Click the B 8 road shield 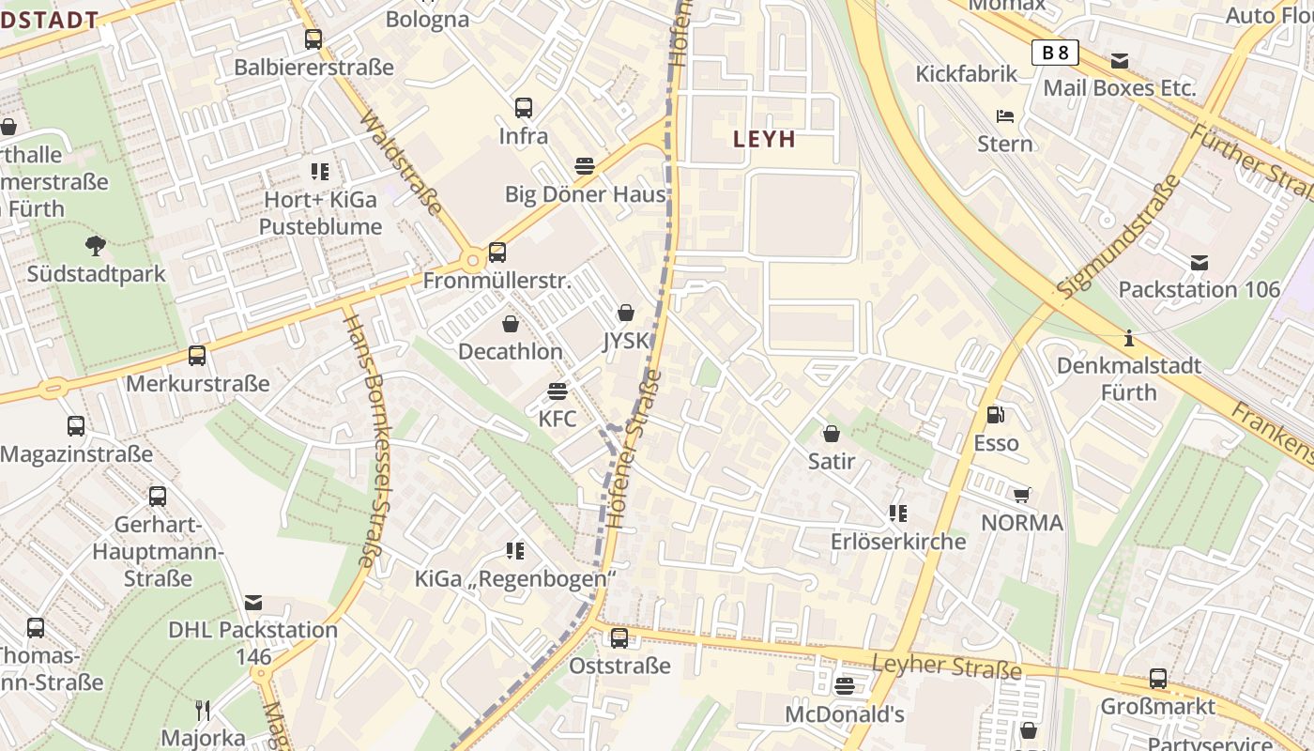(1055, 53)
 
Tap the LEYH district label (765, 140)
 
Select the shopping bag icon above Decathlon (511, 324)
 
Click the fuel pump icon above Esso (995, 413)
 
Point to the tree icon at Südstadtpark (95, 246)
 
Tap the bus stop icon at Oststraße (619, 638)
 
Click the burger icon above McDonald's (845, 686)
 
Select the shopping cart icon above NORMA (1022, 495)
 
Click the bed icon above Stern (1005, 116)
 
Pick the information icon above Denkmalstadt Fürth (1129, 337)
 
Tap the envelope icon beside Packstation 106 (1199, 263)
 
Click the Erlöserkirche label (898, 542)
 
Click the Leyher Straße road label (946, 667)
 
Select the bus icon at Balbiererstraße (313, 39)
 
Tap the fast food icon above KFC (558, 391)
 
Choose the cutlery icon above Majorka (203, 710)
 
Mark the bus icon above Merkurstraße (197, 356)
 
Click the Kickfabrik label (967, 74)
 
